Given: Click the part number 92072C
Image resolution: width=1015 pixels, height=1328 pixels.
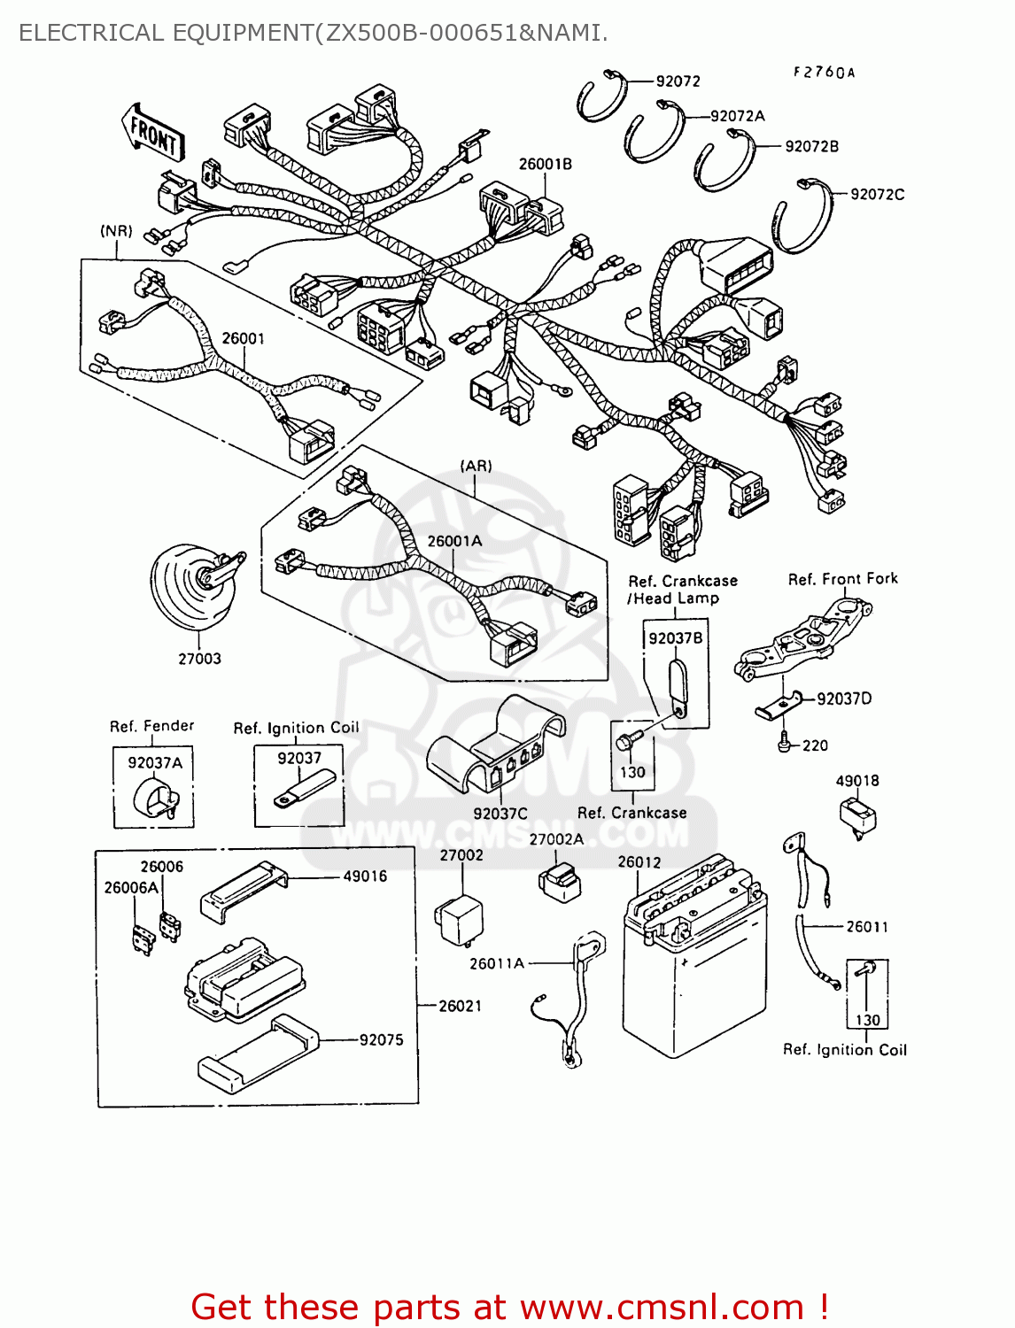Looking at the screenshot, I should (877, 194).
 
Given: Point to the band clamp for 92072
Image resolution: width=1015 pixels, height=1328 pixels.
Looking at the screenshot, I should (602, 97).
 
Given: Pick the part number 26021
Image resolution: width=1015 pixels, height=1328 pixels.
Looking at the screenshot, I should (460, 1006).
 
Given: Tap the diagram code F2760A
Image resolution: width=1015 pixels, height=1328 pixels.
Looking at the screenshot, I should (823, 73).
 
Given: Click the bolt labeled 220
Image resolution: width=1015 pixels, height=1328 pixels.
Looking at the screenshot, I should (784, 745).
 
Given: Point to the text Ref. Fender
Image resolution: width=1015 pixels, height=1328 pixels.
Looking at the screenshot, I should (151, 726).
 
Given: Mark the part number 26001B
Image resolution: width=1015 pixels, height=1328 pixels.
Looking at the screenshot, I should (545, 164).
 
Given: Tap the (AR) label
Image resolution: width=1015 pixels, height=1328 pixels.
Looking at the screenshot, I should (476, 466).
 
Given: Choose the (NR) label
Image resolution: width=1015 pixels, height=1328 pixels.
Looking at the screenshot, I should (116, 231).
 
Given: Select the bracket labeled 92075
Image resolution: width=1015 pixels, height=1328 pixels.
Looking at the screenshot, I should (257, 1054).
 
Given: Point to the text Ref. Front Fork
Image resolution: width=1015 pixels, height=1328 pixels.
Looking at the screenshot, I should (842, 579).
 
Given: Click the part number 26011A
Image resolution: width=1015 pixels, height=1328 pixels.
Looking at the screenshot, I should (496, 963).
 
